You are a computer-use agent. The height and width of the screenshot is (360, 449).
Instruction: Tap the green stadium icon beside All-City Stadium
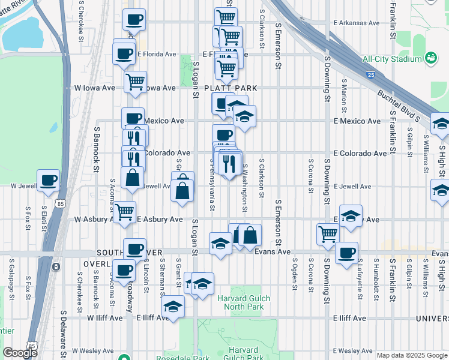[430, 58]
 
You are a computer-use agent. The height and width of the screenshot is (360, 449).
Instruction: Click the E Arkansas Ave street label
[357, 23]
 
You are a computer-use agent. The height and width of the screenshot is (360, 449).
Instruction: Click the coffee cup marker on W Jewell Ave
[48, 180]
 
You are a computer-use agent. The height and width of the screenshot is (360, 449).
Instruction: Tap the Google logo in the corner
[20, 352]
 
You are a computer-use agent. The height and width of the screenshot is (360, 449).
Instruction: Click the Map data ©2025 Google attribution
[411, 355]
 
